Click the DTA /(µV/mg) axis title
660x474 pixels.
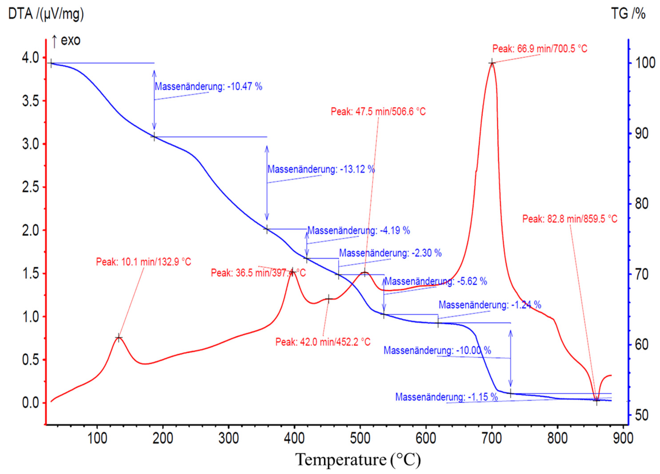[x=46, y=14]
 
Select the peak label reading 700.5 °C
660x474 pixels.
[x=540, y=49]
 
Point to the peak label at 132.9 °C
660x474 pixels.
[x=144, y=262]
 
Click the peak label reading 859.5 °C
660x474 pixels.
[x=570, y=219]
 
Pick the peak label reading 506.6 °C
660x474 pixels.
[x=378, y=111]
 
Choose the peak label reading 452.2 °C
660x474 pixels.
[x=323, y=342]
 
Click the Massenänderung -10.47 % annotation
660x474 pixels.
[x=208, y=86]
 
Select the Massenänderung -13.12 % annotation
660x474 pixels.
[x=321, y=169]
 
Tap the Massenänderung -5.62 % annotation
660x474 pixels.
[x=436, y=281]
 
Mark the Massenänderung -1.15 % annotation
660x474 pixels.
[x=446, y=397]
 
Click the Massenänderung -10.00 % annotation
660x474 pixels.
[x=437, y=350]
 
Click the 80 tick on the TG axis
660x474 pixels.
[x=641, y=204]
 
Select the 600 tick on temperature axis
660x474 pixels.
[x=426, y=438]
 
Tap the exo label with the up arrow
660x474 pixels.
[x=66, y=40]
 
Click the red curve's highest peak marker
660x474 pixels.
[x=492, y=63]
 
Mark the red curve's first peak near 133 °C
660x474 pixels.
[x=118, y=338]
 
